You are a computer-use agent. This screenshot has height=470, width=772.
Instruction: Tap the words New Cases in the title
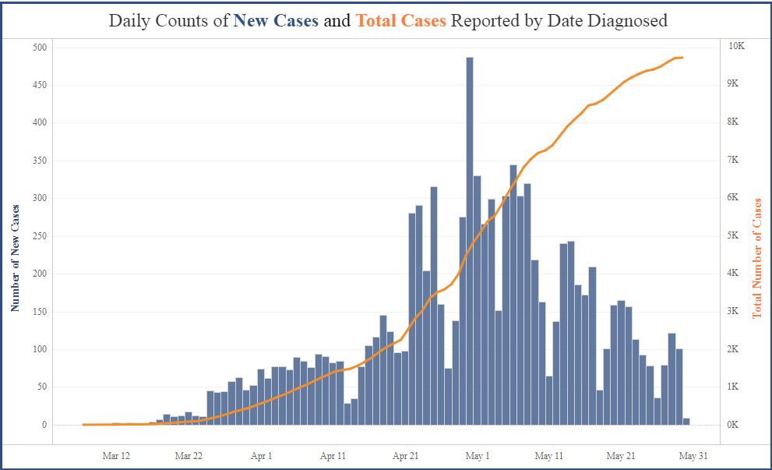[x=276, y=21]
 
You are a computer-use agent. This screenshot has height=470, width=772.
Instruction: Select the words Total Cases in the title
[x=400, y=21]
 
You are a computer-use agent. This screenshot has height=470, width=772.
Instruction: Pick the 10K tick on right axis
[x=736, y=46]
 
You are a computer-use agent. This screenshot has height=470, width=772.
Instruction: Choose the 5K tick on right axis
[x=734, y=235]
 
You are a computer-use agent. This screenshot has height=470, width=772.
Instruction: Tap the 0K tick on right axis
[x=734, y=425]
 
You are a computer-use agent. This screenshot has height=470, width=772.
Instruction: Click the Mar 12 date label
[x=116, y=456]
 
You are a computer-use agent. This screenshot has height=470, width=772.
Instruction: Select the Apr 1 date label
[x=262, y=456]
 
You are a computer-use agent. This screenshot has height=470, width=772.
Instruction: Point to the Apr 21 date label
[x=405, y=456]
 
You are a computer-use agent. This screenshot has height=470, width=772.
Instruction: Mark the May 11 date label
[x=549, y=456]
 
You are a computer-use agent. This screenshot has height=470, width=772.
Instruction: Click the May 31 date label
[x=693, y=456]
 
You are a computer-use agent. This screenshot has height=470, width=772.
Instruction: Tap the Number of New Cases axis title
[x=16, y=258]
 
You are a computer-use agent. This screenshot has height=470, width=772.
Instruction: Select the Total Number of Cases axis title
[x=756, y=258]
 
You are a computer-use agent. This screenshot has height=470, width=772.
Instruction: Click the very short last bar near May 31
[x=686, y=422]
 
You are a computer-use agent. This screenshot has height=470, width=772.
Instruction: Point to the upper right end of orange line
[x=682, y=58]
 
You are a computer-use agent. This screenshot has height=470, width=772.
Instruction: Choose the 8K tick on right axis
[x=734, y=122]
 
